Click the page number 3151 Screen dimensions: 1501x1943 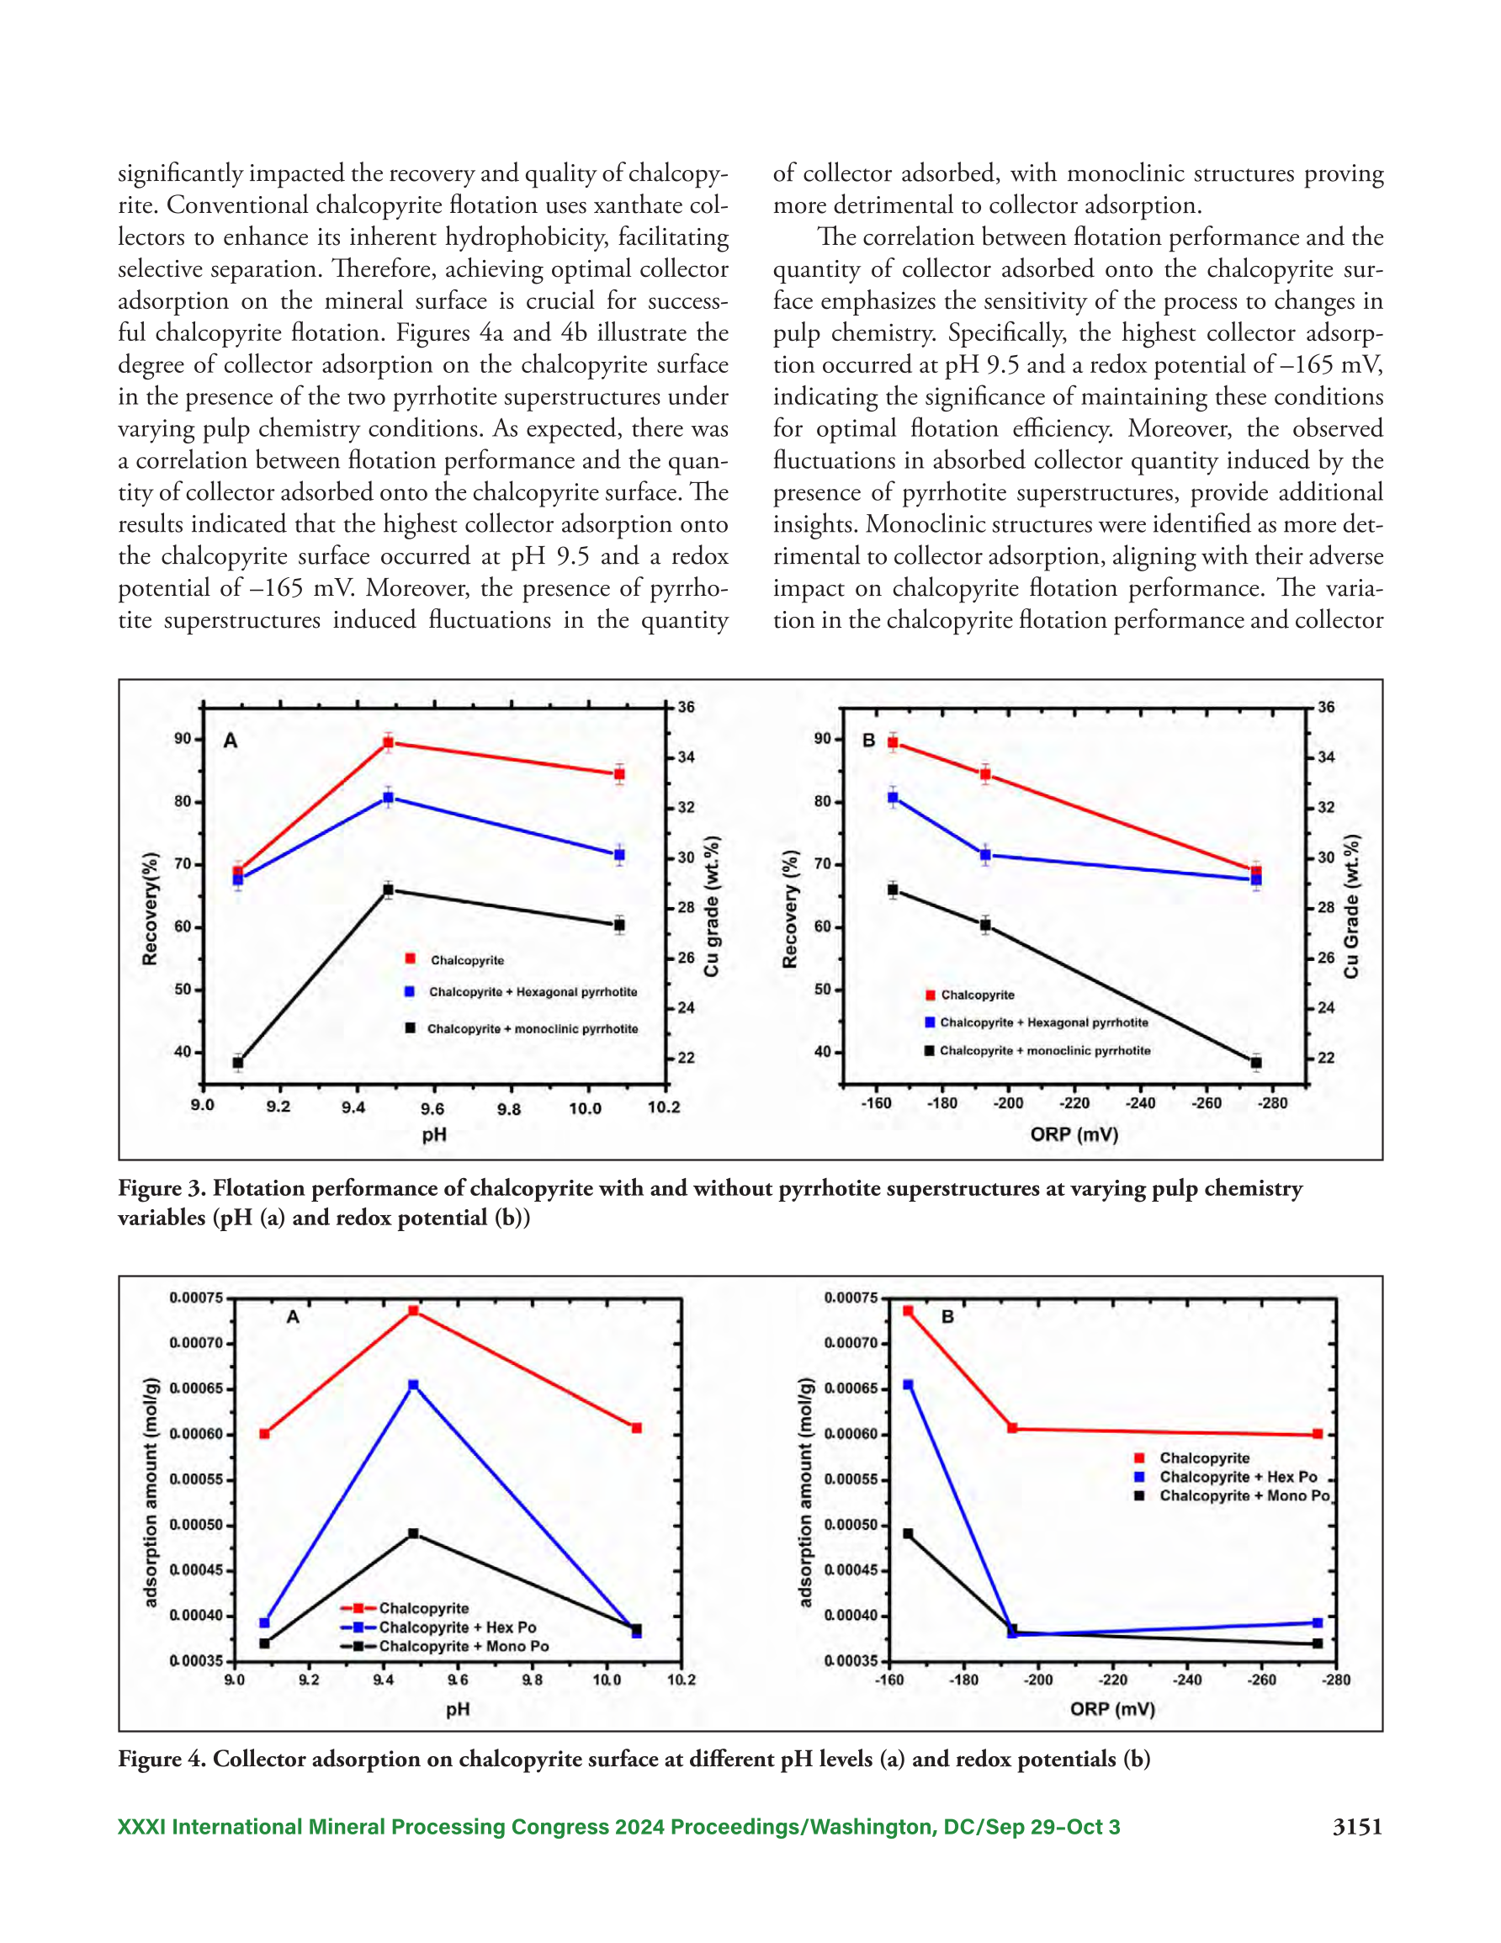coord(1357,1827)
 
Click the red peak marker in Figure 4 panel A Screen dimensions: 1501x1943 coord(413,1310)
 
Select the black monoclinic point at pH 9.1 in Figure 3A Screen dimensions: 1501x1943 coord(237,1062)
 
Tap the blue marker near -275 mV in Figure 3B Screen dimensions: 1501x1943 coord(1256,880)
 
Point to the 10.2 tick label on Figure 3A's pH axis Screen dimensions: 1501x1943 coord(664,1107)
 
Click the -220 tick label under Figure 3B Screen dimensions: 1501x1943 coord(1074,1103)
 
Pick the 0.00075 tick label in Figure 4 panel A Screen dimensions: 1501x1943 coord(196,1298)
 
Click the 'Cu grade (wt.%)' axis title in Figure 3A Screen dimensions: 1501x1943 coord(712,905)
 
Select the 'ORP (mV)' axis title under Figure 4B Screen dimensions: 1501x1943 coord(1112,1709)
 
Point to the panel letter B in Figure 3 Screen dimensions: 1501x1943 coord(869,741)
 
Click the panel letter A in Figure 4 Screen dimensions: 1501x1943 coord(293,1317)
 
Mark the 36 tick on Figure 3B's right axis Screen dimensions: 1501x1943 coord(1326,708)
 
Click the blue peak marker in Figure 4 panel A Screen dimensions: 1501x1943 coord(413,1385)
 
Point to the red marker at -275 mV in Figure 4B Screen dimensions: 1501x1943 coord(1318,1434)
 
